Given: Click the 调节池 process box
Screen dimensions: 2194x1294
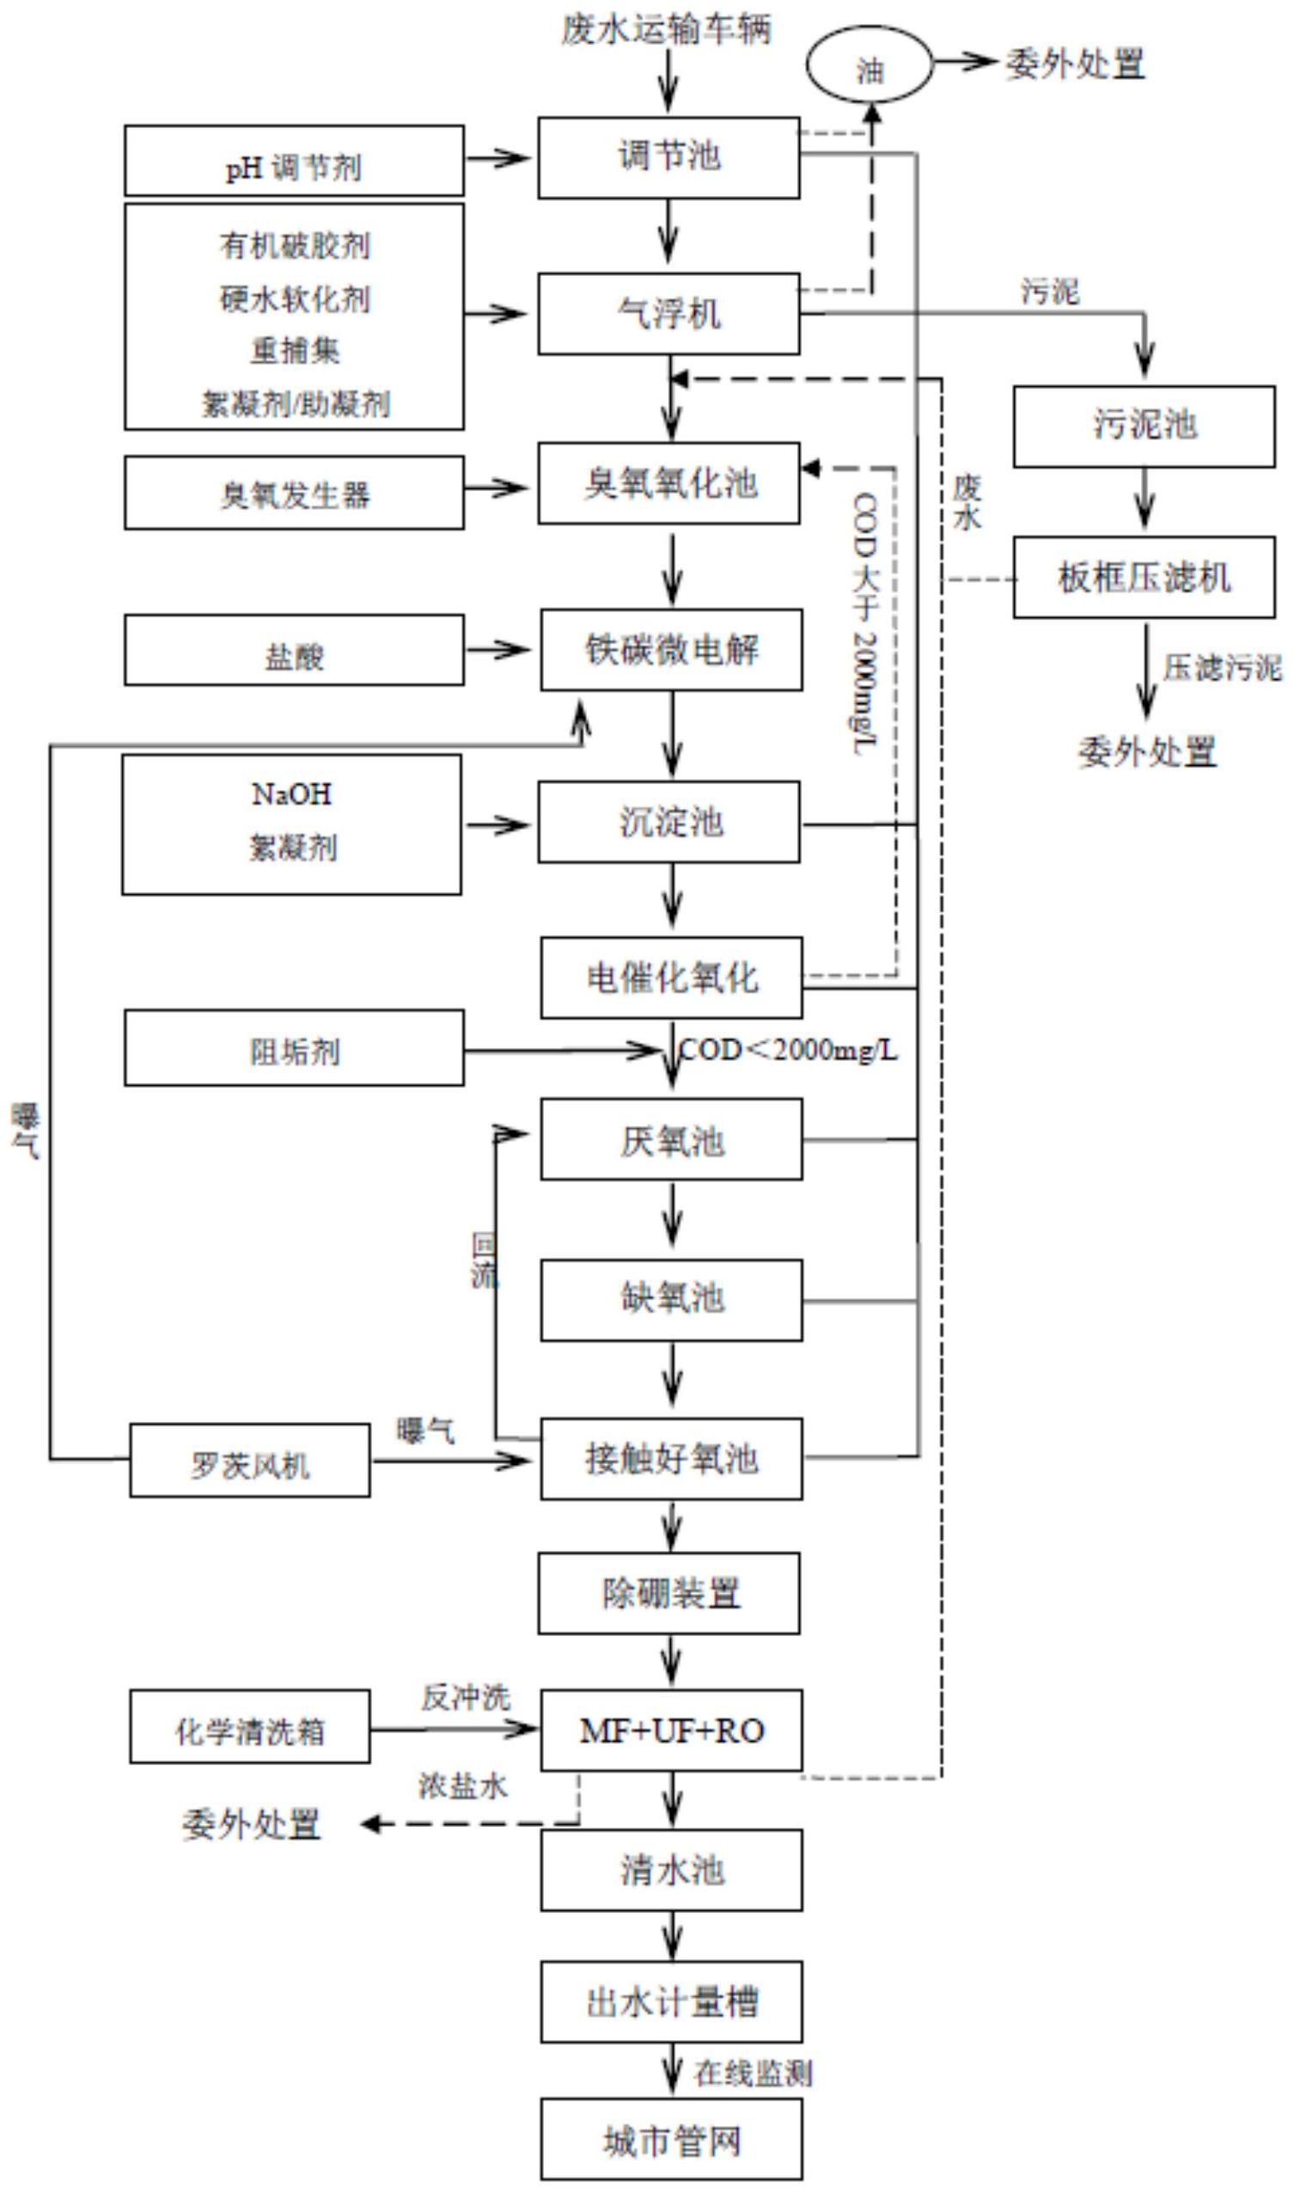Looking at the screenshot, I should (668, 157).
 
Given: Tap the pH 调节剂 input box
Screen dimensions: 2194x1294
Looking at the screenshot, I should (294, 162).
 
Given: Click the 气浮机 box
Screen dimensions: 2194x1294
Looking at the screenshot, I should (668, 314).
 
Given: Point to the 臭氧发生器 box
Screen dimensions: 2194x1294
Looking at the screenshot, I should (294, 493).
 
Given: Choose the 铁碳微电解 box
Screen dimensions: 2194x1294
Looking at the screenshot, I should (670, 650).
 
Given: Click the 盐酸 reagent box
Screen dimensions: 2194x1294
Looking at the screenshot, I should (294, 651).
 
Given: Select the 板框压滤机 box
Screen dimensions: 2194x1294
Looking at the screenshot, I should (1143, 578).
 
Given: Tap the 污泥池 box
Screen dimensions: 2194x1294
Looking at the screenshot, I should (1143, 426).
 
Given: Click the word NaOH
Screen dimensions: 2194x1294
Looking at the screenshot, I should (291, 794).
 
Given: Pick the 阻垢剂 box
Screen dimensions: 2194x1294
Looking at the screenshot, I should (294, 1049).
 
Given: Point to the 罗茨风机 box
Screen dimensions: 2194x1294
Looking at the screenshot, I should (249, 1462).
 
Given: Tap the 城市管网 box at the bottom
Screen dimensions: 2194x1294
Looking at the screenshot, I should (670, 2140).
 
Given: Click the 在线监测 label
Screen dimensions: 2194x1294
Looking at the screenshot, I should (753, 2073).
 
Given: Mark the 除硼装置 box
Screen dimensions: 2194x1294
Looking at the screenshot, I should (668, 1593).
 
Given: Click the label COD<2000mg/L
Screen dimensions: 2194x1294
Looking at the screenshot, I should (787, 1050).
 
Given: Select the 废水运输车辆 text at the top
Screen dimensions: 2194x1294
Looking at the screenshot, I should (665, 30).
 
